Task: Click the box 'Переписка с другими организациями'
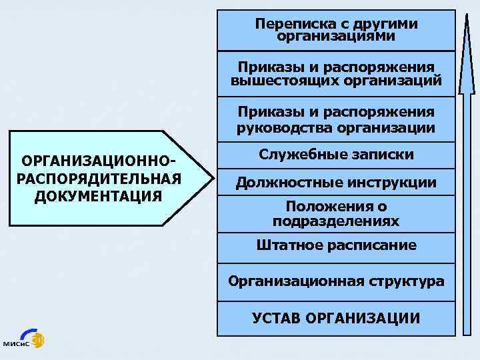tap(336, 30)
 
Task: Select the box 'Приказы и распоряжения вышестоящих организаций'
tap(336, 74)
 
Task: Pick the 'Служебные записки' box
tap(336, 155)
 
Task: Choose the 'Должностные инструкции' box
tap(336, 182)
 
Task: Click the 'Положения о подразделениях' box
tap(336, 213)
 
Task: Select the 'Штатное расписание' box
tap(336, 245)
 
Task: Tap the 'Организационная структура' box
tap(336, 281)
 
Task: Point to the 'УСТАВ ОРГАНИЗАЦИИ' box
tap(336, 317)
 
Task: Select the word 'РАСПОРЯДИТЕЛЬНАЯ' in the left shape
tap(99, 179)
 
